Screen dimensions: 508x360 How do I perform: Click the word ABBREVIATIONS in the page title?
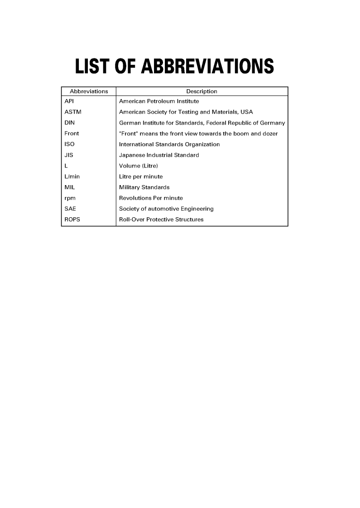[x=207, y=67]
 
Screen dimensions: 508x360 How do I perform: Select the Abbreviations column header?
[x=89, y=91]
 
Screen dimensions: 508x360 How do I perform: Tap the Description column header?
[x=202, y=91]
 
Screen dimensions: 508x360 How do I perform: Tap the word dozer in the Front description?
[x=269, y=134]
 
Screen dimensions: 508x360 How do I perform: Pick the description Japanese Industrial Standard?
[x=159, y=155]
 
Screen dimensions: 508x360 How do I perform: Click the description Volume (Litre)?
[x=138, y=166]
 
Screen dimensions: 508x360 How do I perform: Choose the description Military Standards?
[x=144, y=187]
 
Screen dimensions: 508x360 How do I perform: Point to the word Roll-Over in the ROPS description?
[x=131, y=220]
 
